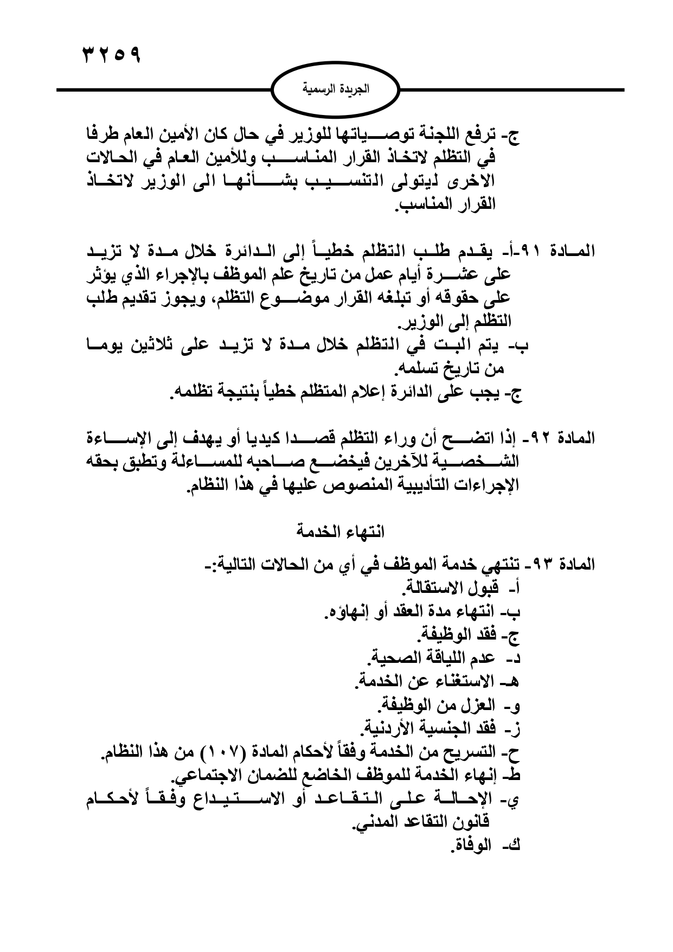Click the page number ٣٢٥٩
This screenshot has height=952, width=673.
pos(111,55)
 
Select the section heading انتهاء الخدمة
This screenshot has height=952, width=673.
pos(339,531)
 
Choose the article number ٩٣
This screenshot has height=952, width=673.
pos(542,564)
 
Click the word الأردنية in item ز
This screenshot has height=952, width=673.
pos(389,727)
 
